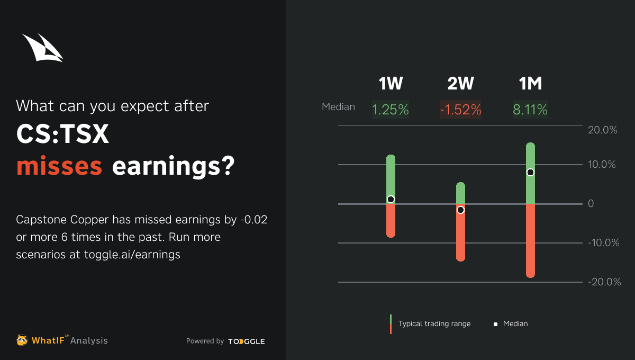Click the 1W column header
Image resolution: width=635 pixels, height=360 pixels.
pos(391,84)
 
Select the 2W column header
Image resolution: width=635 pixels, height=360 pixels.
pos(460,84)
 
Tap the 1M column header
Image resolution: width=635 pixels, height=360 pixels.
pos(530,84)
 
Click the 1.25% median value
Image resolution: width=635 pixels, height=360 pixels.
pos(391,110)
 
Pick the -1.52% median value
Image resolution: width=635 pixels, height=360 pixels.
pos(460,110)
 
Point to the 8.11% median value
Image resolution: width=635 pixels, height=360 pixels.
pos(530,110)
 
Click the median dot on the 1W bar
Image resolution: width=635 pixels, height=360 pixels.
pos(391,200)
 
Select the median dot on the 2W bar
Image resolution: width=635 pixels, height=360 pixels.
pos(461,210)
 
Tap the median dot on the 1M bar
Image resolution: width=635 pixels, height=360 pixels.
pos(530,172)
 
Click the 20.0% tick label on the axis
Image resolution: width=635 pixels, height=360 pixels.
pos(602,130)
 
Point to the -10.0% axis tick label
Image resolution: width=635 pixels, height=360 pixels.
pos(604,243)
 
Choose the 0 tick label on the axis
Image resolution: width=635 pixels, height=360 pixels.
pos(591,203)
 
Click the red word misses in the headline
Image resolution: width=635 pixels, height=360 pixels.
pos(59,166)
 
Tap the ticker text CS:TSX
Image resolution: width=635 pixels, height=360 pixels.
pos(62,134)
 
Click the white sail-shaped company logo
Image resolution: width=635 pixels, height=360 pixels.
pos(42,48)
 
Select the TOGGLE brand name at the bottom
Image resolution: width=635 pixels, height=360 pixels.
pos(247,341)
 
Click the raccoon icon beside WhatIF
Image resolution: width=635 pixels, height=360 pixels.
pos(22,340)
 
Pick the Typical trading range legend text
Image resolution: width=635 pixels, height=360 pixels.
pos(434,323)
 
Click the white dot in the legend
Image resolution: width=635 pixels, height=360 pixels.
pos(495,324)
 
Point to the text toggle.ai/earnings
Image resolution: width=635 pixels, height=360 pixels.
pos(132,255)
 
